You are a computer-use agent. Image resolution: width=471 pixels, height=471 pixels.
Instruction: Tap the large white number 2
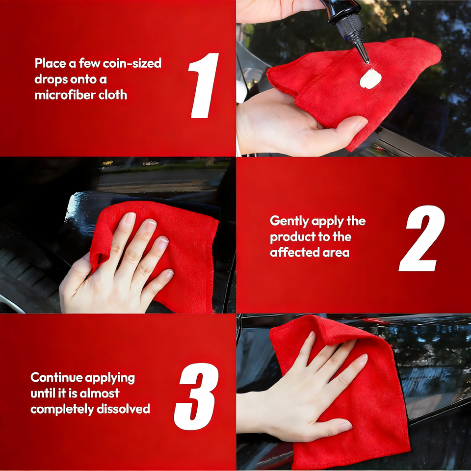(x=422, y=238)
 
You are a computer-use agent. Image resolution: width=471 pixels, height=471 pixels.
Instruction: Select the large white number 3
(x=196, y=396)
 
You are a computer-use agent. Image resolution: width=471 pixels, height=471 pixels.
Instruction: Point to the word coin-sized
(x=132, y=63)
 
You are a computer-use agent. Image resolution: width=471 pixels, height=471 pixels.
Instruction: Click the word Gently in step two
(x=289, y=221)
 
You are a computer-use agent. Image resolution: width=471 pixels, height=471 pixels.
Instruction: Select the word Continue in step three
(x=56, y=377)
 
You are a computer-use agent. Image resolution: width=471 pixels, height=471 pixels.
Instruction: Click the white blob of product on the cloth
(x=370, y=79)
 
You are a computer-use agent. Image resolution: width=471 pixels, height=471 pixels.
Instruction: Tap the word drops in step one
(x=51, y=79)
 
